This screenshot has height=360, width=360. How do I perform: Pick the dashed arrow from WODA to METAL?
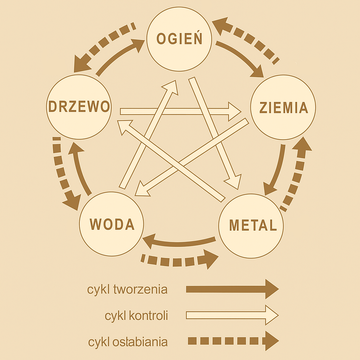click(x=180, y=262)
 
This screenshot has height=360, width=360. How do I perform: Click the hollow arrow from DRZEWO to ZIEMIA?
click(x=180, y=106)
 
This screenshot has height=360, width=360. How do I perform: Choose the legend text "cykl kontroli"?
click(x=137, y=316)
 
